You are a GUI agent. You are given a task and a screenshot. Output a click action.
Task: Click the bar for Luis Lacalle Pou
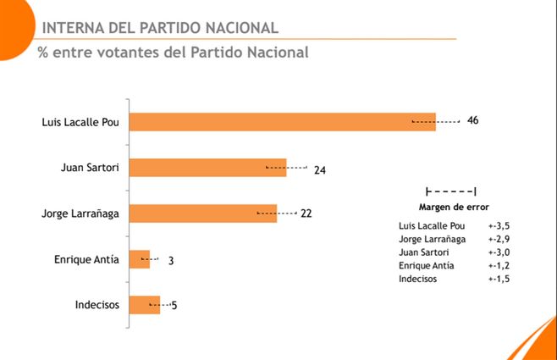click(282, 122)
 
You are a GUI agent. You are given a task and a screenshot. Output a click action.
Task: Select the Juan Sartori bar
click(207, 168)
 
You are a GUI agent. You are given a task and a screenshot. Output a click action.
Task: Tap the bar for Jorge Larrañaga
click(203, 213)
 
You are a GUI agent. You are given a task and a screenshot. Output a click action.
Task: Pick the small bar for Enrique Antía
click(139, 259)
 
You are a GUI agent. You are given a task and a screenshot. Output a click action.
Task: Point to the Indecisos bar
click(144, 305)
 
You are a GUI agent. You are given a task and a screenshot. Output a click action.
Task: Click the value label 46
click(472, 121)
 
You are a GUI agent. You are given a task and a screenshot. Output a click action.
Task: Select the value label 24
click(320, 169)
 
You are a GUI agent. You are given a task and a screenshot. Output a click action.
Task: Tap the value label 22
click(306, 213)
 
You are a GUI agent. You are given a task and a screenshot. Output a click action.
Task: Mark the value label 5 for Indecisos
click(174, 305)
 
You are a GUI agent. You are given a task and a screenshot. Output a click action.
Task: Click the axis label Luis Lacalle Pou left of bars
click(80, 122)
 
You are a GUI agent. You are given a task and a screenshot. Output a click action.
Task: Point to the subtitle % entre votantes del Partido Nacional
click(174, 53)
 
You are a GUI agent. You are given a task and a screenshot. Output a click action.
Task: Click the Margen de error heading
click(454, 207)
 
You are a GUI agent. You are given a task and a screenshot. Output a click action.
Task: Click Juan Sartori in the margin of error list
click(424, 252)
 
